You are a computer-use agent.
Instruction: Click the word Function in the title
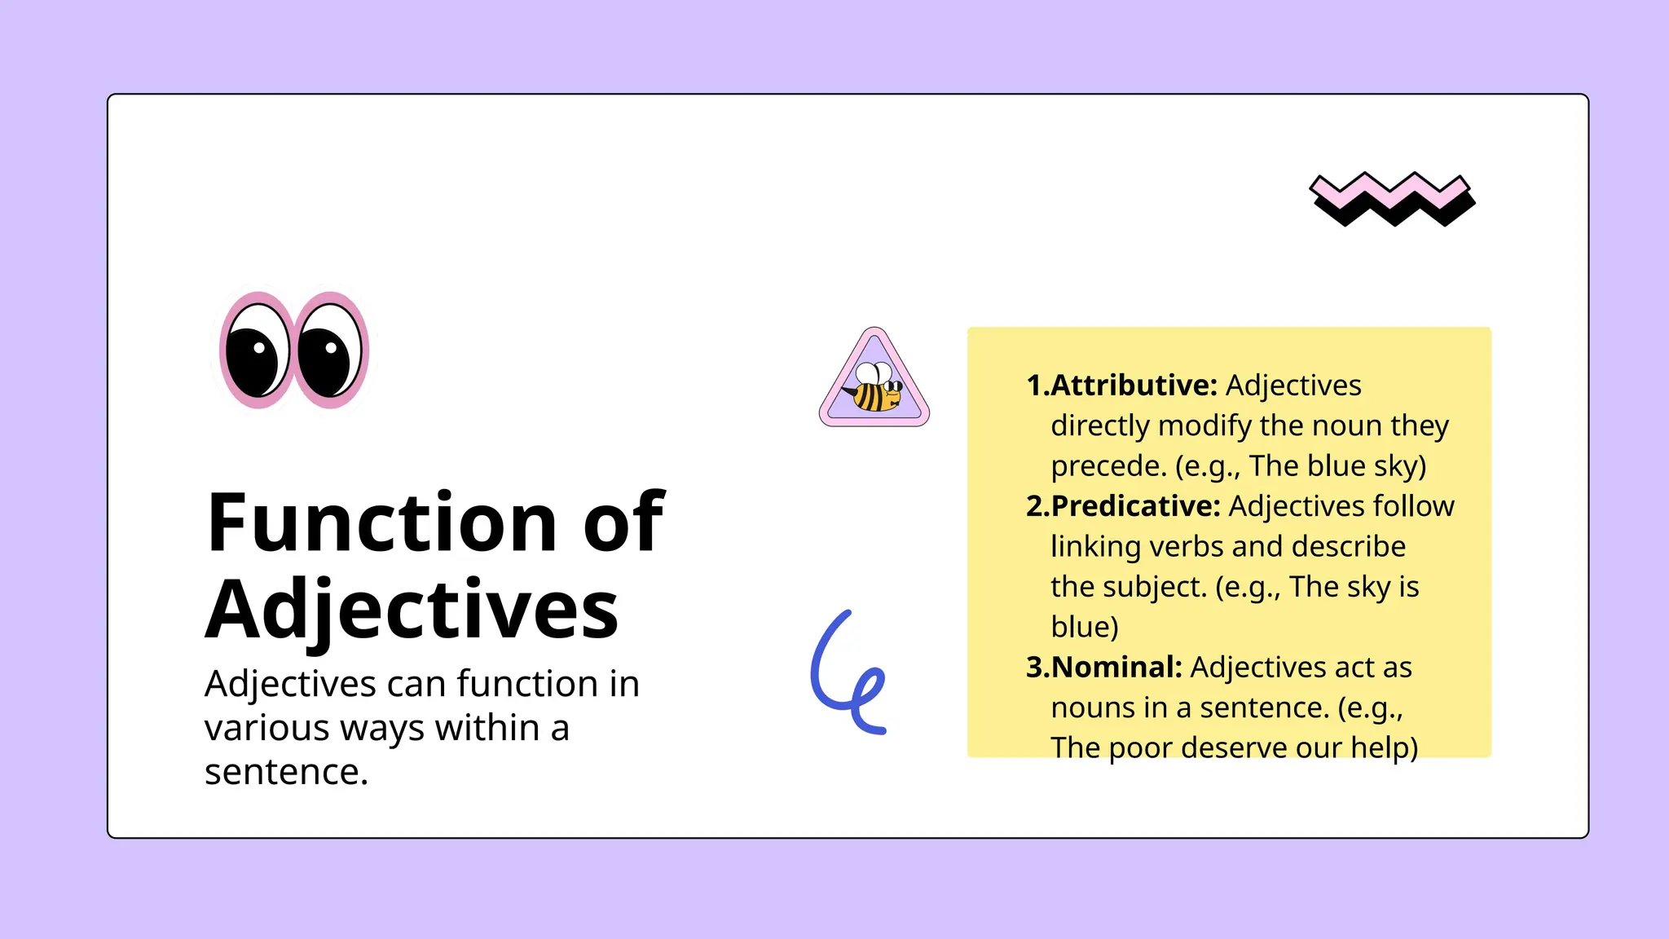[381, 523]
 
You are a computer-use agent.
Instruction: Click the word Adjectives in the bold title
[412, 611]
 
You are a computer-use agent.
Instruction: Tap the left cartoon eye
[257, 350]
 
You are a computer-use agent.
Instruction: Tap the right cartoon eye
[330, 350]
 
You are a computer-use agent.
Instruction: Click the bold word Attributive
[1134, 386]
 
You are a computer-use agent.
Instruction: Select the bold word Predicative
[1135, 506]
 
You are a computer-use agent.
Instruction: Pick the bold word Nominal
[1116, 668]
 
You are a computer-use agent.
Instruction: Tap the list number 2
[1035, 506]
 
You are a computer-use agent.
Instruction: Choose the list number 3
[1035, 668]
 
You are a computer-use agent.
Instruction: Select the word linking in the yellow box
[1095, 547]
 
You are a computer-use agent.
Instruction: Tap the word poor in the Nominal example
[1139, 748]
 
